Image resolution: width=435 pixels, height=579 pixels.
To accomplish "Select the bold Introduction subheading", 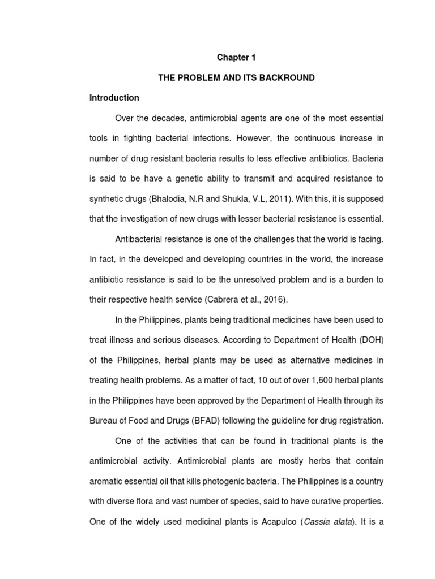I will (x=114, y=98).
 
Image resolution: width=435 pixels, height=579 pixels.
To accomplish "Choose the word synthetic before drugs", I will (x=108, y=198).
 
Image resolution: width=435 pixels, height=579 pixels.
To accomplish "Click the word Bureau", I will (x=104, y=421).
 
